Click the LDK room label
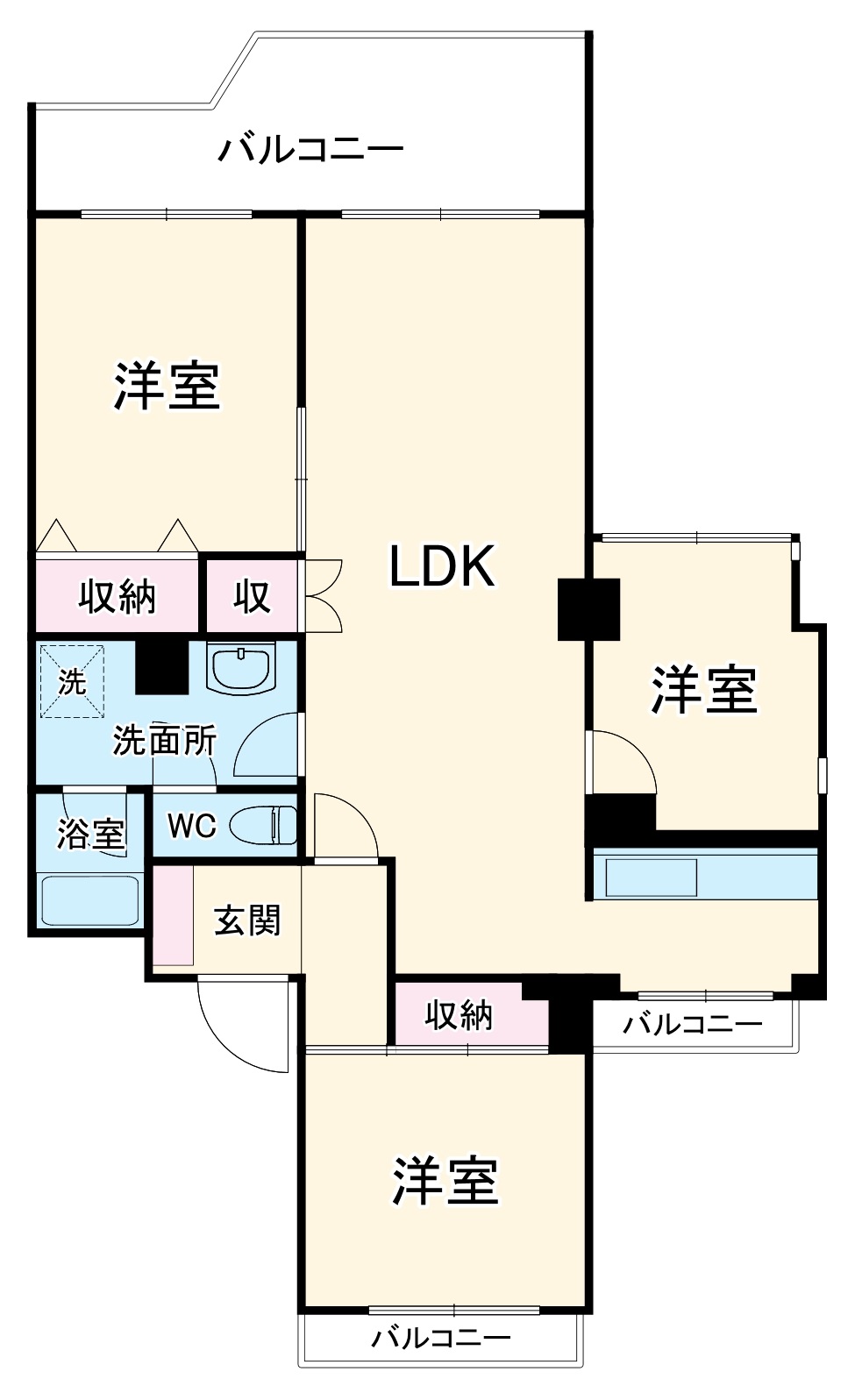[x=443, y=566]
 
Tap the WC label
[x=192, y=825]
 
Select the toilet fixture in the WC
[x=264, y=825]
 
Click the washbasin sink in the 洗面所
[x=240, y=670]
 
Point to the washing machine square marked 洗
[x=72, y=682]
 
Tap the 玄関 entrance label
[x=247, y=920]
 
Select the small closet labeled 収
[x=251, y=596]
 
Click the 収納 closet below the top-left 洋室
[x=117, y=596]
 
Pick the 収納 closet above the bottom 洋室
[x=460, y=1015]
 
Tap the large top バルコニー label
[x=310, y=149]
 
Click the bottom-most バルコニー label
[x=440, y=1339]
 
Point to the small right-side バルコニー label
[x=693, y=1023]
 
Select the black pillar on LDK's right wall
[x=589, y=608]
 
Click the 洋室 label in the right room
[x=703, y=690]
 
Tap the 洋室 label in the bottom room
[x=445, y=1181]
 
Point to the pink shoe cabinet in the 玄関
[x=174, y=915]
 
